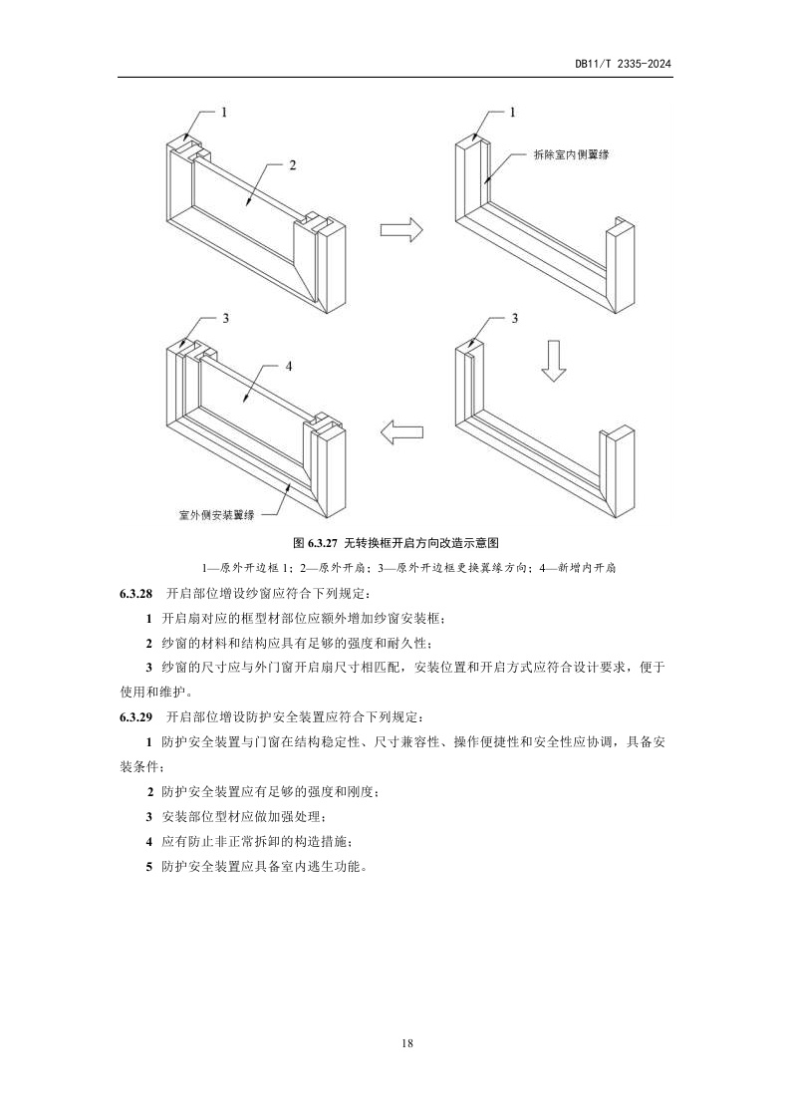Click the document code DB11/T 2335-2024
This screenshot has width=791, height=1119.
click(623, 63)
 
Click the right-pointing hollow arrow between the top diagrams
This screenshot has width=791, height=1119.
click(401, 230)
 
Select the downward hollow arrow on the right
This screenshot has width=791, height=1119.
click(553, 359)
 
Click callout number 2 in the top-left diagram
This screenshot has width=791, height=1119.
click(293, 165)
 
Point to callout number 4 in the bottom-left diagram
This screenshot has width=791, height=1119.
click(288, 367)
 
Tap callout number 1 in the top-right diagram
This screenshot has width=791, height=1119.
click(513, 113)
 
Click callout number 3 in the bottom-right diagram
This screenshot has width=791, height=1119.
click(514, 318)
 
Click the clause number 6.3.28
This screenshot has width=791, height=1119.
click(135, 594)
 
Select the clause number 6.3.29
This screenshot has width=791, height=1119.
click(135, 716)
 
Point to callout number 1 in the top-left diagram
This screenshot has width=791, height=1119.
click(224, 113)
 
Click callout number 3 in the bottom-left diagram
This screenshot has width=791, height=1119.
click(226, 318)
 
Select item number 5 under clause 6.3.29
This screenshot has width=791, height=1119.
click(148, 866)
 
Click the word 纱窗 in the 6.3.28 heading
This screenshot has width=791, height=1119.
click(252, 594)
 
